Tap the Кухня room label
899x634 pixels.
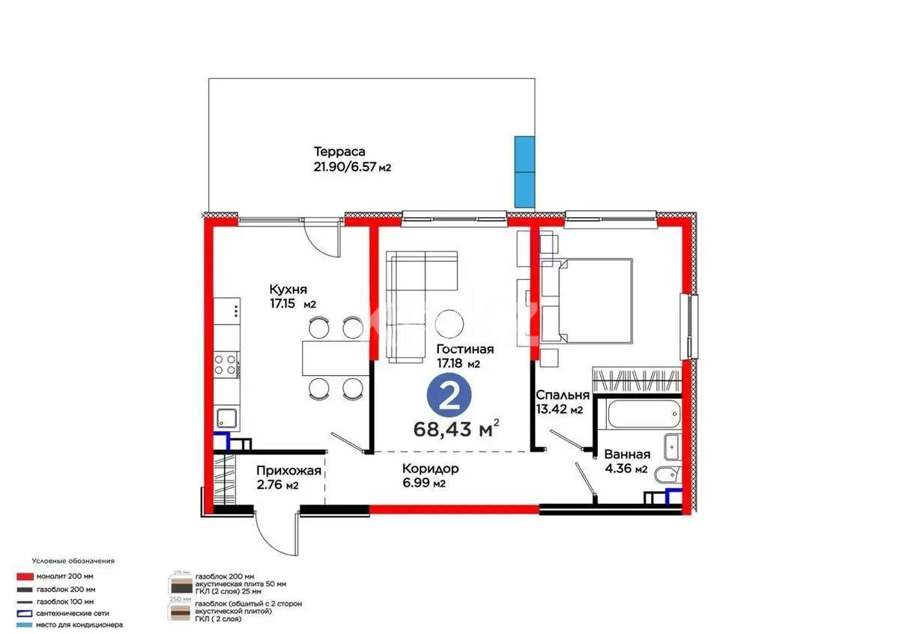tap(288, 290)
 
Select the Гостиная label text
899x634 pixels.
tap(464, 350)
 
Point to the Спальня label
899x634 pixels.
tap(562, 394)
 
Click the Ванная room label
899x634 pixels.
tap(627, 454)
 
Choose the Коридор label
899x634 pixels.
tap(430, 469)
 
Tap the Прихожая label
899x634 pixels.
tap(288, 471)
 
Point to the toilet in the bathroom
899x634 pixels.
tap(665, 475)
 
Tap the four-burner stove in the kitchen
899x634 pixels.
tap(225, 365)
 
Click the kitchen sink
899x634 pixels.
tap(225, 418)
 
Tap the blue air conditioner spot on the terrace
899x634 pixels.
tap(524, 171)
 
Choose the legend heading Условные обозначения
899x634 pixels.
tap(73, 560)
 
